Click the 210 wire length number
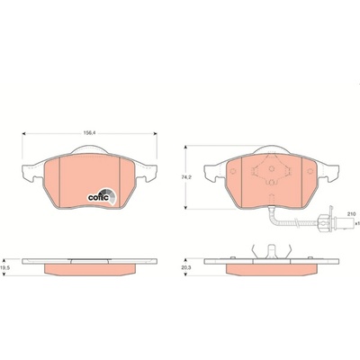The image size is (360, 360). pos(351,214)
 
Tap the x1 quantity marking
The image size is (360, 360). pos(356,223)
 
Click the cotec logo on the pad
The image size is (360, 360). pos(102,196)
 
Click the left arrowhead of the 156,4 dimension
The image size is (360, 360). pos(24,134)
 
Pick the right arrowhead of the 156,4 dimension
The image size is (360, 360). pos(155,134)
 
